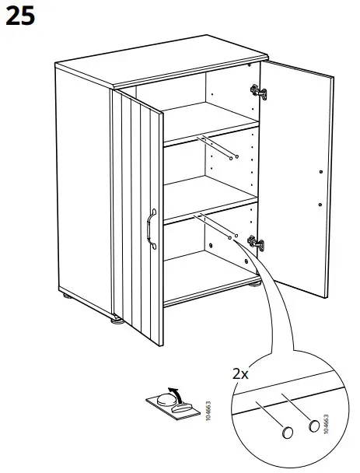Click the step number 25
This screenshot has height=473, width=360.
point(21,16)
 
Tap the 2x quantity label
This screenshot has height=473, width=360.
point(241,373)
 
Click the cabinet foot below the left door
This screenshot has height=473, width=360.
point(116,318)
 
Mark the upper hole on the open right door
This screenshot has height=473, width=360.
point(320,170)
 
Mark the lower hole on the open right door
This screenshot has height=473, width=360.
point(320,204)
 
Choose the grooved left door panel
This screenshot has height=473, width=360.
point(136,210)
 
